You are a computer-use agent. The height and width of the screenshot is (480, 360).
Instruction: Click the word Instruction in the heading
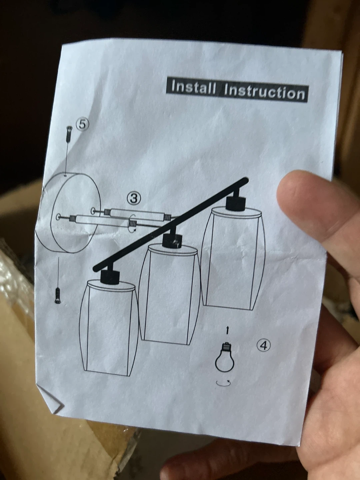click(264, 93)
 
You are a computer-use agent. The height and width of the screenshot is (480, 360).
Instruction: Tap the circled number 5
click(83, 124)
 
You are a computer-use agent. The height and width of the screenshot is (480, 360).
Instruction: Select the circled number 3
click(134, 198)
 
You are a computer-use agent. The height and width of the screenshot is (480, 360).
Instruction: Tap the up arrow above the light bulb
click(227, 330)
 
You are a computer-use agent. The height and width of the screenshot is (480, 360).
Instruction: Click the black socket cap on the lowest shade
click(110, 277)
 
